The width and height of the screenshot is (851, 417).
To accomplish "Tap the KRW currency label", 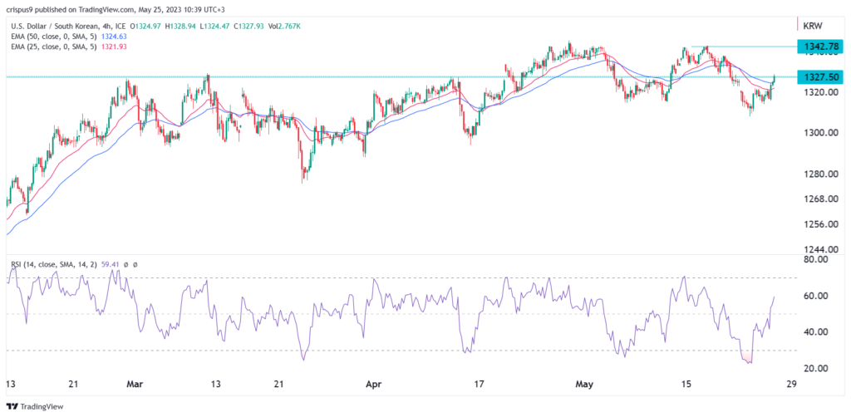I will (x=812, y=26).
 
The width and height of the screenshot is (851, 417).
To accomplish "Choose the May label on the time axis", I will (x=587, y=384).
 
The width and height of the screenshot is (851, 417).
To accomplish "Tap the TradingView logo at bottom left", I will (x=42, y=405).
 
